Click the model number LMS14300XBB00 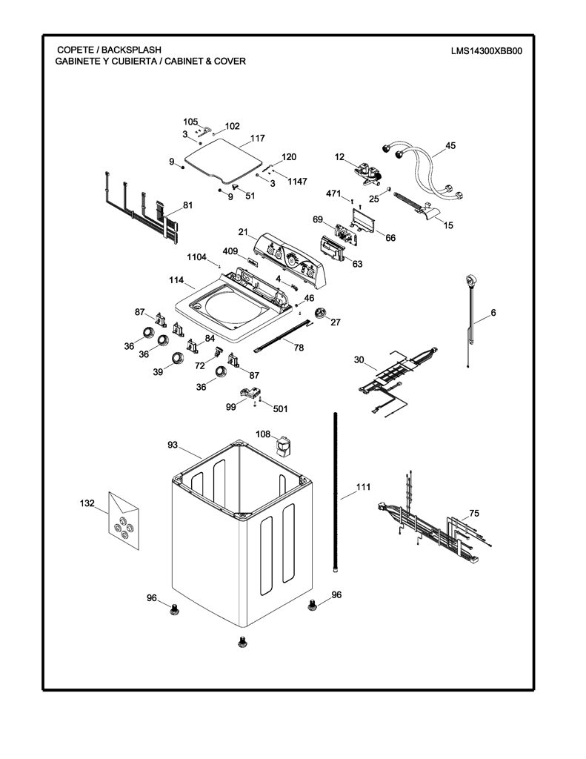(x=486, y=51)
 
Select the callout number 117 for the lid (x=257, y=139)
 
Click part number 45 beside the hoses (x=450, y=146)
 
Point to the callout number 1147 (x=297, y=182)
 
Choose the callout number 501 (x=280, y=409)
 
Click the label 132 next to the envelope (x=87, y=503)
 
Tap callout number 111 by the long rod (x=363, y=487)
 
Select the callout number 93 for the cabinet (x=173, y=445)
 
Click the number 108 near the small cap (x=263, y=434)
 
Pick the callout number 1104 (x=196, y=257)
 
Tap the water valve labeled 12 (x=368, y=173)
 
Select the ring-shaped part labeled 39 (x=179, y=358)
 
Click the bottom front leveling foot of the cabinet (x=242, y=642)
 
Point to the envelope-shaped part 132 (x=124, y=520)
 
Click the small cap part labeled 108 (x=283, y=445)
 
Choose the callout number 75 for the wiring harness (x=474, y=514)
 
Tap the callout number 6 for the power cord (x=493, y=313)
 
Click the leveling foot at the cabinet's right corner (x=313, y=603)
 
